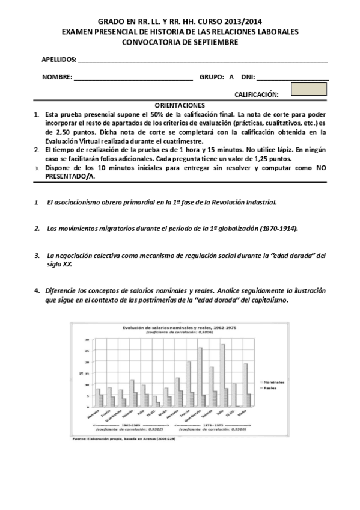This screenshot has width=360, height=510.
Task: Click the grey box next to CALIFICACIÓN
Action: (x=308, y=89)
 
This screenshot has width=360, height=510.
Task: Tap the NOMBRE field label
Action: (x=56, y=78)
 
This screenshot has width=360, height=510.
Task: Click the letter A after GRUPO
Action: (x=231, y=78)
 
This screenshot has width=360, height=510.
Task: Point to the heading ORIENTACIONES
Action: (x=180, y=105)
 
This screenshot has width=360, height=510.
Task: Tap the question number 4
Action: (x=37, y=290)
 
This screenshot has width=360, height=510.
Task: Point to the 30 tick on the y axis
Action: (x=87, y=340)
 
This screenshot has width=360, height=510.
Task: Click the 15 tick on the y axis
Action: (x=87, y=373)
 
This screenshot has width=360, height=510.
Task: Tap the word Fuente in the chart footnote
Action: (x=81, y=438)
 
